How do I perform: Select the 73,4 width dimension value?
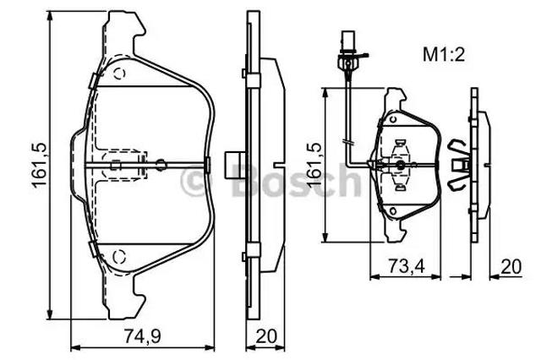pyautogui.click(x=407, y=265)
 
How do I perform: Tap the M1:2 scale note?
pyautogui.click(x=444, y=54)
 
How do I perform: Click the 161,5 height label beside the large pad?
pyautogui.click(x=40, y=166)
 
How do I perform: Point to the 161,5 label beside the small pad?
pyautogui.click(x=314, y=165)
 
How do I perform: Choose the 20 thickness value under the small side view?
pyautogui.click(x=511, y=266)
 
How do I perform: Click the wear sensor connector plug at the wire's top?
pyautogui.click(x=347, y=41)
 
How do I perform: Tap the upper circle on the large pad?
pyautogui.click(x=119, y=74)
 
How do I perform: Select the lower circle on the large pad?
pyautogui.click(x=119, y=256)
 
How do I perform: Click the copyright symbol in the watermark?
pyautogui.click(x=195, y=181)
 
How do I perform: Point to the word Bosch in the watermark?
pyautogui.click(x=296, y=180)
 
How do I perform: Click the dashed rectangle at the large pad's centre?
pyautogui.click(x=125, y=165)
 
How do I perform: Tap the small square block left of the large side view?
pyautogui.click(x=235, y=165)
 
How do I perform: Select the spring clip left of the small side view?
pyautogui.click(x=459, y=166)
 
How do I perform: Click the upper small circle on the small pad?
pyautogui.click(x=392, y=119)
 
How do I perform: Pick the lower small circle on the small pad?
pyautogui.click(x=392, y=210)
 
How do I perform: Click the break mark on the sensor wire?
pyautogui.click(x=347, y=142)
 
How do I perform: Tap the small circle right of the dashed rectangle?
pyautogui.click(x=161, y=165)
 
